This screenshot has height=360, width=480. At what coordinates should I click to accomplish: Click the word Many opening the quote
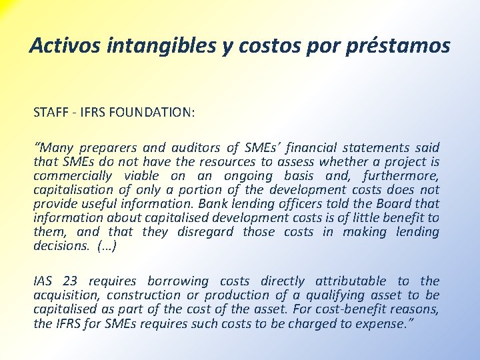[x=56, y=147]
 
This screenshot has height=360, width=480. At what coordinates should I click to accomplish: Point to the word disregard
[x=206, y=231]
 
